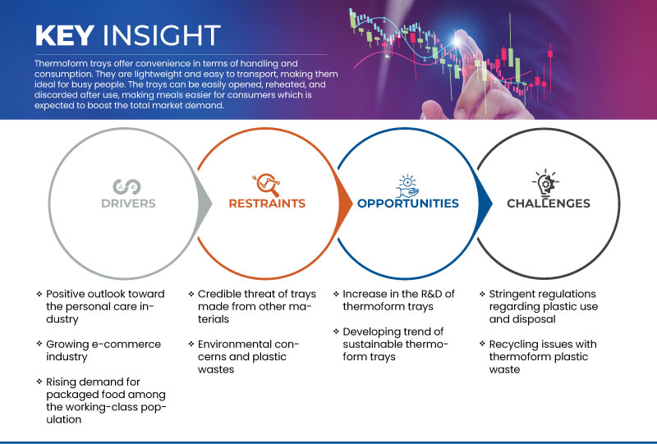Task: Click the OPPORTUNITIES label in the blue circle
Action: (407, 204)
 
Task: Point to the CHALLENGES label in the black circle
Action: (549, 204)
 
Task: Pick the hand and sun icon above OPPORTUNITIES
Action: (407, 183)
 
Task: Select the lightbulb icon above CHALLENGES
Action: (549, 183)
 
